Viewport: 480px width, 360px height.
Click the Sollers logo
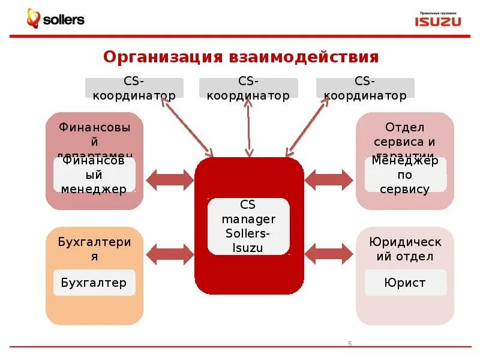click(x=55, y=19)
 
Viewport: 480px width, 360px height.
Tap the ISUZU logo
click(x=438, y=20)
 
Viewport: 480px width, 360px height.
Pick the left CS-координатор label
click(x=133, y=88)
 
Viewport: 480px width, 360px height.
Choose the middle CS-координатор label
click(x=248, y=88)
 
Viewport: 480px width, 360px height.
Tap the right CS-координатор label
click(x=365, y=88)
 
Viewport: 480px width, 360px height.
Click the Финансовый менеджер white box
click(x=94, y=175)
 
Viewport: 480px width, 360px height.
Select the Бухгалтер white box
click(x=94, y=283)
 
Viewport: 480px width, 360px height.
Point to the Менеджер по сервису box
click(x=405, y=175)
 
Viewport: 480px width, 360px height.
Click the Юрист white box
click(x=405, y=283)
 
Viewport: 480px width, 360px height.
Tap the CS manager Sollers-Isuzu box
click(x=248, y=226)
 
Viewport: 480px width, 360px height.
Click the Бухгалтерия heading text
click(x=94, y=249)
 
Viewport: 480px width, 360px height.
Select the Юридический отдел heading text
click(x=405, y=249)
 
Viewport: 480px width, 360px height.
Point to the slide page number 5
click(x=350, y=344)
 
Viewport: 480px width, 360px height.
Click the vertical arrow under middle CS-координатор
click(x=248, y=128)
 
